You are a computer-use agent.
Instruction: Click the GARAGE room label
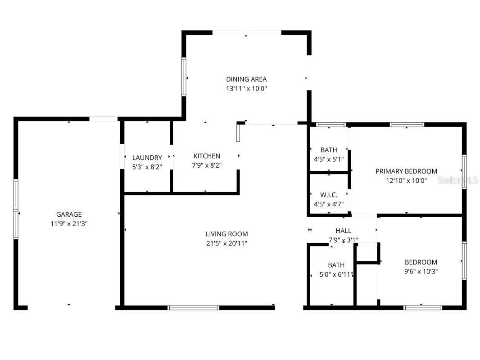click(x=69, y=214)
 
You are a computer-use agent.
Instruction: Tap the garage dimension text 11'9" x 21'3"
click(x=69, y=223)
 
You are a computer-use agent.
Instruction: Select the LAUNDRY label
click(x=147, y=158)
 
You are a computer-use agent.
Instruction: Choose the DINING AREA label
click(x=246, y=79)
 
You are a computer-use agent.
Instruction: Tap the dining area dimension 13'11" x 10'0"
click(x=246, y=89)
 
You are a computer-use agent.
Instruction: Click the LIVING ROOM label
click(x=226, y=234)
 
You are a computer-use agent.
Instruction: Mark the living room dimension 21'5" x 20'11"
click(x=226, y=243)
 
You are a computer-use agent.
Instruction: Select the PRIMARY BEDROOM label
click(x=406, y=171)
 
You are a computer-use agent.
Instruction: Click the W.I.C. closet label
click(x=329, y=195)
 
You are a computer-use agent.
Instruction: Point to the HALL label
click(x=343, y=231)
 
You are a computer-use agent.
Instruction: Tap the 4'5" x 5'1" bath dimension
click(x=329, y=159)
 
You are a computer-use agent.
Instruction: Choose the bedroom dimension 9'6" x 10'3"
click(x=421, y=271)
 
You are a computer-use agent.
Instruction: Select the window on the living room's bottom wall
click(x=193, y=308)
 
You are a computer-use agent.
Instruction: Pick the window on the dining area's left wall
click(x=184, y=77)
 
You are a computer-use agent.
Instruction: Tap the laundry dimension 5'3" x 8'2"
click(x=147, y=167)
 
